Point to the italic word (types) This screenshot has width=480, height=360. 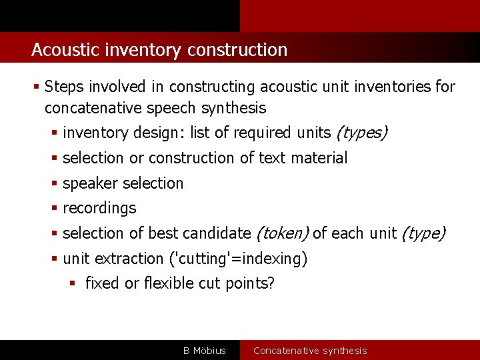pos(361,133)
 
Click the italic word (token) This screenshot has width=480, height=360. pos(282,233)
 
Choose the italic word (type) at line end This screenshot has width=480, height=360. pos(423,233)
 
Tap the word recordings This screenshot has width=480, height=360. pos(99,208)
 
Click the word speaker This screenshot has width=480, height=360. pos(88,183)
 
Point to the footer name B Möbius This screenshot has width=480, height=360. pos(205,351)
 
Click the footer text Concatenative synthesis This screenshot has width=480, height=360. pos(310,351)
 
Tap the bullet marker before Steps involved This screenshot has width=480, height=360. pos(36,87)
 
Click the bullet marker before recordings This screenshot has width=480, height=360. pos(55,208)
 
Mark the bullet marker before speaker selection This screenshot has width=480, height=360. pos(55,183)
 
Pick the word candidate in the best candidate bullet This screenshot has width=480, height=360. pos(216,233)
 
